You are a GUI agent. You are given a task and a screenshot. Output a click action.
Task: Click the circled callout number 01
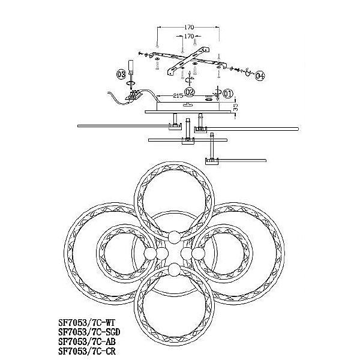228,94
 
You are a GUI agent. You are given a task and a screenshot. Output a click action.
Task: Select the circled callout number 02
190,92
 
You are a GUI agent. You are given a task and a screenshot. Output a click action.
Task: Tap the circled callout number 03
121,74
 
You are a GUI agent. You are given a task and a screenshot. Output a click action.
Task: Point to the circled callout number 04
260,76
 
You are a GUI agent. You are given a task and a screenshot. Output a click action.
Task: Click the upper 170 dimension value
189,28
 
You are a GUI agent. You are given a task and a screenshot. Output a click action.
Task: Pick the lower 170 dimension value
189,36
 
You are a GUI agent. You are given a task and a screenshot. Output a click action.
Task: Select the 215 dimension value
178,96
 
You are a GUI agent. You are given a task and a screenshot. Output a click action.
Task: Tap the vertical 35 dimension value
236,107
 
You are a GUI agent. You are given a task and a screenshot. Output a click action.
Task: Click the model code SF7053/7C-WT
86,323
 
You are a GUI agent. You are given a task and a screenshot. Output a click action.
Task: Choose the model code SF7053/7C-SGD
89,332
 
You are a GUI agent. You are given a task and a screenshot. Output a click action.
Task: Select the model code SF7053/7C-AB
87,341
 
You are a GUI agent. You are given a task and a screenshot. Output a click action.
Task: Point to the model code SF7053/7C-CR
87,351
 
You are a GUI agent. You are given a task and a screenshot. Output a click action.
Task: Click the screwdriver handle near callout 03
131,65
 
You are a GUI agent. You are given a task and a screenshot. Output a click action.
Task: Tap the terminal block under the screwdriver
134,95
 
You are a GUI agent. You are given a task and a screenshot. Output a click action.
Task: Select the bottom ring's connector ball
175,269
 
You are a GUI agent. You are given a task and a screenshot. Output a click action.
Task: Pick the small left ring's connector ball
151,253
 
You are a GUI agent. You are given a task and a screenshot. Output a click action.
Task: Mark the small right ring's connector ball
198,253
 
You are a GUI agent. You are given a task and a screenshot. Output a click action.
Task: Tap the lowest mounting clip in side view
212,161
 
